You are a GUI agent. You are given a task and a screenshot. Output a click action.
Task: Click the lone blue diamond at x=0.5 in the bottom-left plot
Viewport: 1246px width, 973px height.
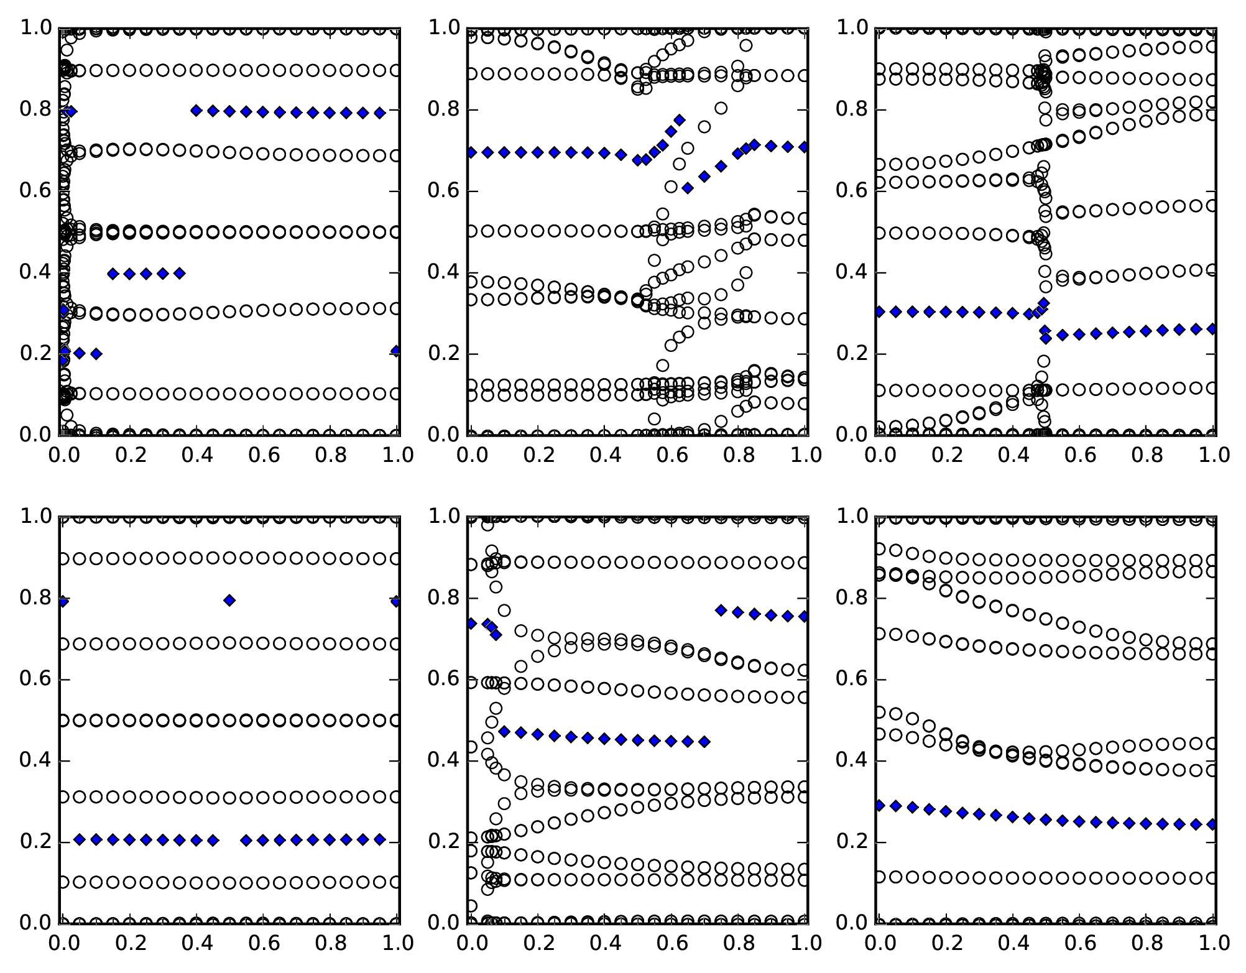click(x=229, y=600)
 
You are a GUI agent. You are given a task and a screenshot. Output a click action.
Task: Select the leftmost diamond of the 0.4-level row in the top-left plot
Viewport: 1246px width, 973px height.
click(x=113, y=274)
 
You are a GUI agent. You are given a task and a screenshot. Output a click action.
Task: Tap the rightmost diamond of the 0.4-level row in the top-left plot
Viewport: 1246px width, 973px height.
click(x=180, y=273)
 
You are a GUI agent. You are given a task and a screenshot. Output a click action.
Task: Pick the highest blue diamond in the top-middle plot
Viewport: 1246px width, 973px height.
click(x=680, y=120)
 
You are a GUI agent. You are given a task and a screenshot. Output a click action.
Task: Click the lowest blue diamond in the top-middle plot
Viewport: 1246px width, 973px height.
click(x=688, y=188)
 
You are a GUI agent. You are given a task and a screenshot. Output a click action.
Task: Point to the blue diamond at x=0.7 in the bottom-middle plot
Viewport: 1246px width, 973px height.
click(x=704, y=742)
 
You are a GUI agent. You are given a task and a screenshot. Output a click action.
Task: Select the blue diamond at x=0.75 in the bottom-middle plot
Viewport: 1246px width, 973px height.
click(x=721, y=611)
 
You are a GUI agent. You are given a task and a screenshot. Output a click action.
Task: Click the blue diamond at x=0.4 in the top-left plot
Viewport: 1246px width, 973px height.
click(x=196, y=111)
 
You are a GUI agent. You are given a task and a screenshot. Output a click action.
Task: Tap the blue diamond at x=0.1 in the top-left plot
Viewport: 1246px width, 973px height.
click(x=96, y=354)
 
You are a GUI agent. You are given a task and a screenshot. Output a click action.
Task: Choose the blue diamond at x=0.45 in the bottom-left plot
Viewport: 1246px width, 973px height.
click(x=213, y=841)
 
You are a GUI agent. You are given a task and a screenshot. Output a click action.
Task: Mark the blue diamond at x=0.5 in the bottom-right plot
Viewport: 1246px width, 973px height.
click(x=1046, y=819)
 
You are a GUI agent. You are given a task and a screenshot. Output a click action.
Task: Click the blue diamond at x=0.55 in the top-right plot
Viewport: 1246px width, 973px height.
click(x=1063, y=335)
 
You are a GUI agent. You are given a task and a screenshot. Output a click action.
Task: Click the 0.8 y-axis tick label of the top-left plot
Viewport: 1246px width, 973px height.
click(x=36, y=110)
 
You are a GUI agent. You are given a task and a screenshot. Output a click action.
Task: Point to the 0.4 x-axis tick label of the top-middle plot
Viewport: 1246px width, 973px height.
click(x=604, y=456)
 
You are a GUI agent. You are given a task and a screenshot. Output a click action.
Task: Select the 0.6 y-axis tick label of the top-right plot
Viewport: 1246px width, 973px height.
click(x=852, y=191)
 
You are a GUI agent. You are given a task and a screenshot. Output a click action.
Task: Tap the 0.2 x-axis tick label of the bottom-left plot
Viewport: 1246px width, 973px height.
click(x=129, y=944)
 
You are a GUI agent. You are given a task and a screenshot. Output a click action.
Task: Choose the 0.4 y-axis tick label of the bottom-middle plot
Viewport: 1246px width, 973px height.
click(x=445, y=761)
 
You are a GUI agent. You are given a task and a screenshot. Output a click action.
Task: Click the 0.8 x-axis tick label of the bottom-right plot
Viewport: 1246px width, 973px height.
click(x=1147, y=944)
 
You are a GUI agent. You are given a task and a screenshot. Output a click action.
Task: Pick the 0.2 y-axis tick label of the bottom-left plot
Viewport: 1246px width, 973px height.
click(x=36, y=842)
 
